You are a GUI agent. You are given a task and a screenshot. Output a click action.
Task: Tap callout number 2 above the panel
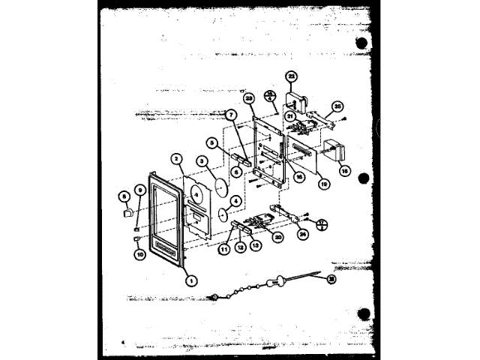click(x=177, y=158)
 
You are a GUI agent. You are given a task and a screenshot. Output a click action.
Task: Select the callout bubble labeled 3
click(x=202, y=160)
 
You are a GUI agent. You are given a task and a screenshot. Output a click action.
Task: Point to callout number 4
click(x=235, y=201)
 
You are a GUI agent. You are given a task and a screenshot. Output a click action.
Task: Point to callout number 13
click(x=255, y=245)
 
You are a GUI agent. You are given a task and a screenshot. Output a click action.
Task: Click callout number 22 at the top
click(x=292, y=76)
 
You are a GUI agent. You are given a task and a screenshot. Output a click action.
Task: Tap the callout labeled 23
click(x=250, y=99)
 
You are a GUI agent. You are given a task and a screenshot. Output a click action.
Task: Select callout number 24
click(x=304, y=234)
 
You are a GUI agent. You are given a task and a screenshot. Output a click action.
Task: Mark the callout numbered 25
click(x=337, y=107)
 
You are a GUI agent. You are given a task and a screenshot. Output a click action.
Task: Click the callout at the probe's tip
click(x=331, y=279)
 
